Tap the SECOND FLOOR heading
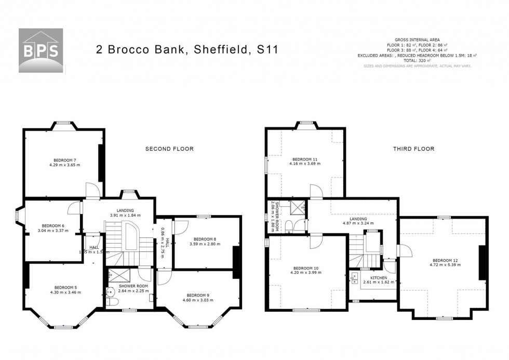169,149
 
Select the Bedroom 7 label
64,159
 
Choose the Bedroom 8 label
206,238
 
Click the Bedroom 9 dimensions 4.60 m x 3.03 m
198,300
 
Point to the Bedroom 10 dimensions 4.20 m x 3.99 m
304,274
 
